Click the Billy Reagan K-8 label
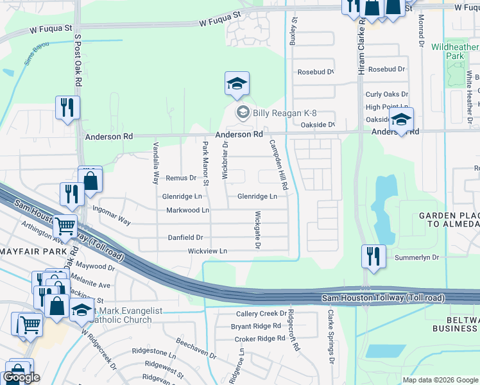[284, 114]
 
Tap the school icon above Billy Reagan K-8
[236, 84]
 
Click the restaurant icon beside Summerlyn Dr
[373, 257]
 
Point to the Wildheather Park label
[456, 51]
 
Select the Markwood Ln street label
[187, 210]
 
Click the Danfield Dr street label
[185, 237]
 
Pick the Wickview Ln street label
[207, 251]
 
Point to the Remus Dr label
[180, 178]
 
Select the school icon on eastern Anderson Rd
[400, 120]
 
